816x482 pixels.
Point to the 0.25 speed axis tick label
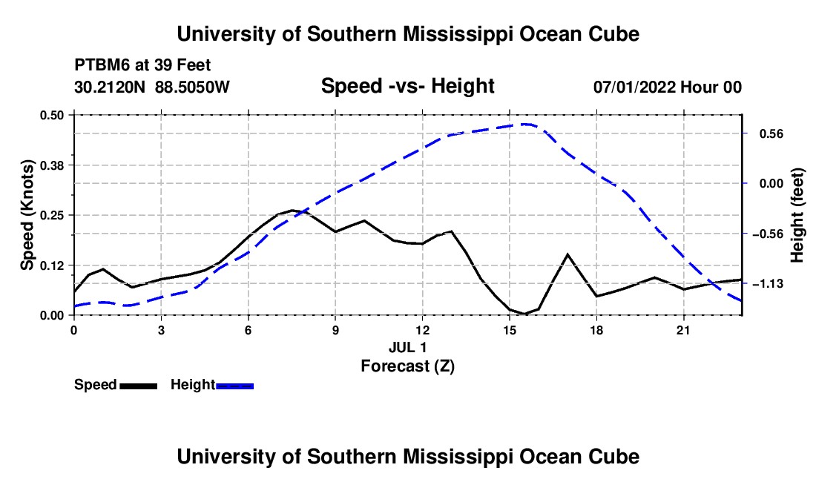pyautogui.click(x=52, y=215)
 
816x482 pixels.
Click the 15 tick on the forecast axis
pyautogui.click(x=510, y=330)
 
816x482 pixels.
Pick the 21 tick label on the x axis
pyautogui.click(x=683, y=330)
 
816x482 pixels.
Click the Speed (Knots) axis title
pyautogui.click(x=27, y=215)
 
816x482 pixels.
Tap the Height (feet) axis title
pyautogui.click(x=797, y=215)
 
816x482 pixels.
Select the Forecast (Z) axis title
pyautogui.click(x=408, y=366)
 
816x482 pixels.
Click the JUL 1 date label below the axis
pyautogui.click(x=408, y=347)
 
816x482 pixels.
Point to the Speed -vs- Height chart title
pyautogui.click(x=408, y=86)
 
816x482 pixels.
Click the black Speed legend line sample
pyautogui.click(x=139, y=386)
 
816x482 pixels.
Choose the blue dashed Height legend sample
pyautogui.click(x=234, y=386)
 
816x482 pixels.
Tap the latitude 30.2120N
pyautogui.click(x=110, y=87)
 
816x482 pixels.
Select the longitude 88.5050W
pyautogui.click(x=192, y=87)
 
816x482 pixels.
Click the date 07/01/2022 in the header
pyautogui.click(x=635, y=87)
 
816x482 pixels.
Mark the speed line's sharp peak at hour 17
pyautogui.click(x=567, y=254)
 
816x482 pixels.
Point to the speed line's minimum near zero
pyautogui.click(x=524, y=314)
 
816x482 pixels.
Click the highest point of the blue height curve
pyautogui.click(x=526, y=125)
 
